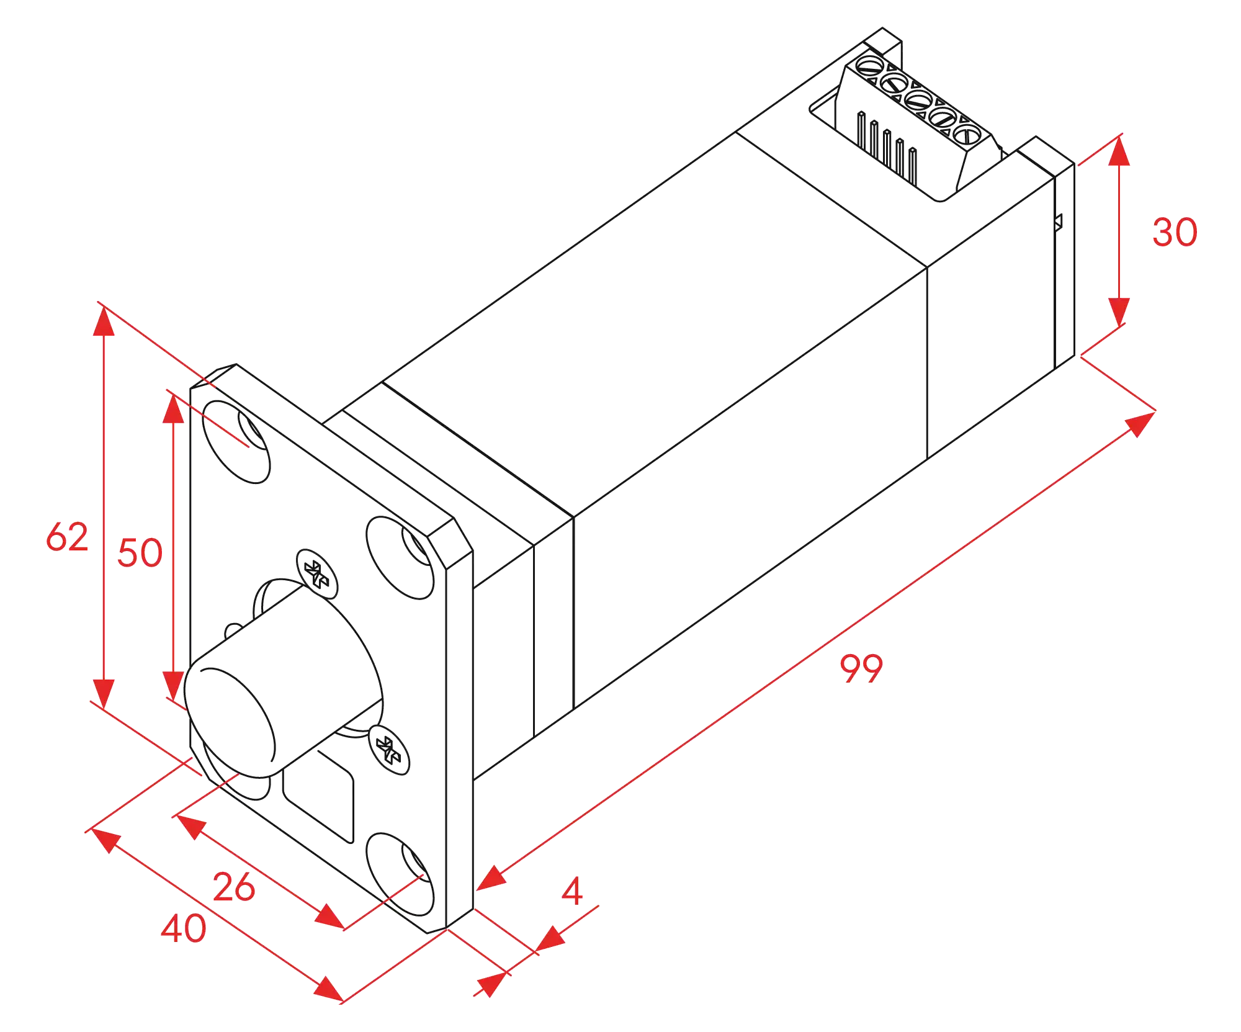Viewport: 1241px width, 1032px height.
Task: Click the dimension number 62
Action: (x=67, y=537)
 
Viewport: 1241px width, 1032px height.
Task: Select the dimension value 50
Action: (x=140, y=553)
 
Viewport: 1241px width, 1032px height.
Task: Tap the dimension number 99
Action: (x=861, y=668)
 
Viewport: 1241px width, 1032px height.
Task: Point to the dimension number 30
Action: (x=1175, y=233)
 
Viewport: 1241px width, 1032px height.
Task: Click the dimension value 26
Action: (x=234, y=887)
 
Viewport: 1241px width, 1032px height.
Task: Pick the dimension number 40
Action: (x=184, y=929)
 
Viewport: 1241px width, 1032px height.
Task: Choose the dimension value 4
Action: (x=572, y=891)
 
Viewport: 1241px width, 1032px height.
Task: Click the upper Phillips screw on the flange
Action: (x=317, y=574)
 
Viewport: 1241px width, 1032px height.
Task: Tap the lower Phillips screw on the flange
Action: (x=389, y=750)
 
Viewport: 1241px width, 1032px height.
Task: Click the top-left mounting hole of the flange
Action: (x=236, y=442)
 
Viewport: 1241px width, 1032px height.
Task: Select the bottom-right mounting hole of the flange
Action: (x=400, y=874)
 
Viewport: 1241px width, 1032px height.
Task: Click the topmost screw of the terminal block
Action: (x=869, y=65)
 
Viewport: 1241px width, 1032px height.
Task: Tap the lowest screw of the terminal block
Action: (x=967, y=134)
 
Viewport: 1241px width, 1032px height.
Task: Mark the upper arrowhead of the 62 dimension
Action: (x=104, y=321)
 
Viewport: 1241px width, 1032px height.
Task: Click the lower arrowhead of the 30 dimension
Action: (x=1119, y=312)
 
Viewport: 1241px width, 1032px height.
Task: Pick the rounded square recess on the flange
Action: (x=318, y=796)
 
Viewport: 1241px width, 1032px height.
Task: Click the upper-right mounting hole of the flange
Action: (x=400, y=558)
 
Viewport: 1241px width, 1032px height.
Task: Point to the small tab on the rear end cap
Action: (x=1058, y=222)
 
